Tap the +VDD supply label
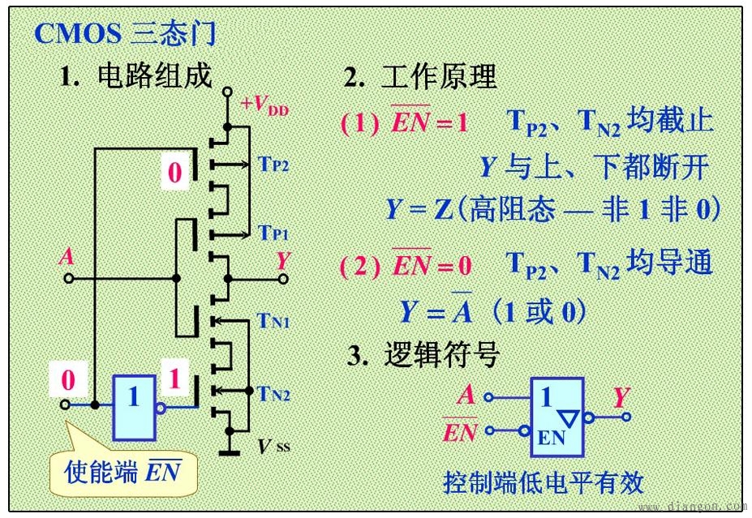click(x=265, y=105)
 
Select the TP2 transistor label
click(x=273, y=165)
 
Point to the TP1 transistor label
click(x=273, y=233)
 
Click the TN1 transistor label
click(x=274, y=322)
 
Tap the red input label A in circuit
click(x=67, y=258)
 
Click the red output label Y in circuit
click(x=282, y=260)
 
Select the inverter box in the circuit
click(x=134, y=407)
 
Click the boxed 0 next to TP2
click(x=175, y=173)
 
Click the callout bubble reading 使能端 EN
click(x=122, y=471)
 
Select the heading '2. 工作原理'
click(x=420, y=77)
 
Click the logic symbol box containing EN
click(x=558, y=415)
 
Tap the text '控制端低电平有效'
click(x=543, y=482)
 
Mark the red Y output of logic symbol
click(x=621, y=397)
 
